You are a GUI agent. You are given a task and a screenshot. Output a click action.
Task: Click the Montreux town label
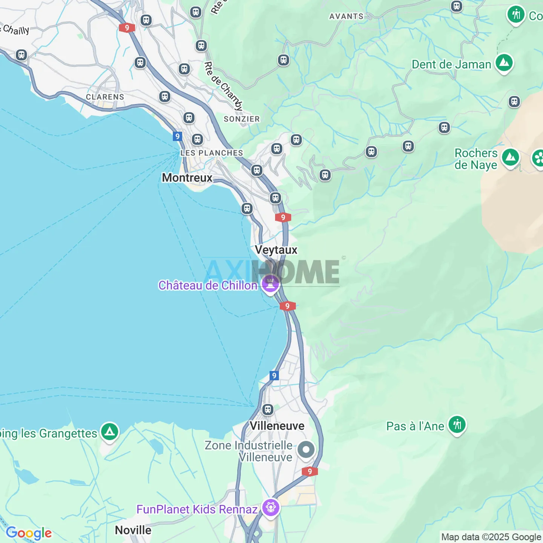[187, 178]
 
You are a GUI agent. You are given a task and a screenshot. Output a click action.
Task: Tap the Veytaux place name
[276, 250]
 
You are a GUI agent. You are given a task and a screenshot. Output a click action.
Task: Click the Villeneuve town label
[277, 426]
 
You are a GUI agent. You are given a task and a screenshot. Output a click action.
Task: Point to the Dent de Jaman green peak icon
[504, 63]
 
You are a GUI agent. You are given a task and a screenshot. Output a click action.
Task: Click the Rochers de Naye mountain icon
[511, 157]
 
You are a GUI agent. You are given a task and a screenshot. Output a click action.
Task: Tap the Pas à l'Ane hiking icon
[457, 425]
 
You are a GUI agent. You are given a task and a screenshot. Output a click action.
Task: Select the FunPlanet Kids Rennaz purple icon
[271, 508]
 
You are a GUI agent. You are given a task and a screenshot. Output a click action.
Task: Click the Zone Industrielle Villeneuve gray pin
[306, 449]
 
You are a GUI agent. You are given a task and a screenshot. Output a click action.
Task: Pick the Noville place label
[133, 530]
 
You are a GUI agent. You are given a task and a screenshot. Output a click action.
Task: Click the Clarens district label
[105, 97]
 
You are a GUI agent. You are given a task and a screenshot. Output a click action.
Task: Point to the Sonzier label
[242, 119]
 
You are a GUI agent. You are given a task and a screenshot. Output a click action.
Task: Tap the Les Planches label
[212, 153]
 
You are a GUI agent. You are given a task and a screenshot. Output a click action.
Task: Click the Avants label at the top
[346, 17]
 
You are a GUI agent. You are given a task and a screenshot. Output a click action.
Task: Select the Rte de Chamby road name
[224, 87]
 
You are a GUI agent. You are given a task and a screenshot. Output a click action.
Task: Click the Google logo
[29, 533]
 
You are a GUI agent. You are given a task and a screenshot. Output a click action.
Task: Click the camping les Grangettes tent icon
[109, 431]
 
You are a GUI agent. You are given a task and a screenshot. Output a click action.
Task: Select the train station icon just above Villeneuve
[268, 410]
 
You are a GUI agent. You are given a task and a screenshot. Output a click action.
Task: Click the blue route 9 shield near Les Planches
[178, 136]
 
